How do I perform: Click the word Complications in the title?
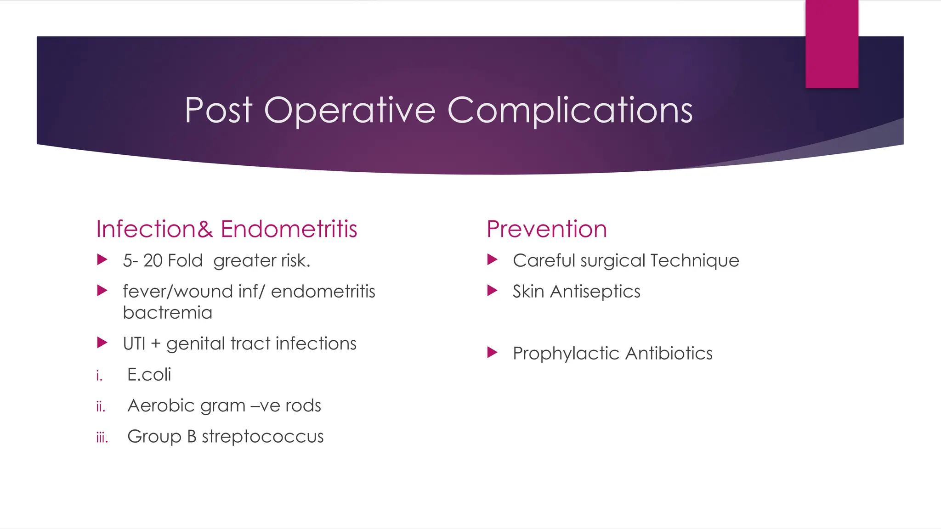point(570,110)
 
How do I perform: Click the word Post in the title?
point(218,110)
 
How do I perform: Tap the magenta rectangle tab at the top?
point(832,44)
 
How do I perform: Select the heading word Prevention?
point(547,229)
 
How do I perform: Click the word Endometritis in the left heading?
point(289,229)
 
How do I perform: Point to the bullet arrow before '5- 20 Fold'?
point(102,260)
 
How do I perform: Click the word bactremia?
point(167,313)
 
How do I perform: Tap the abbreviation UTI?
point(134,343)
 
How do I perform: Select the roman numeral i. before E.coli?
point(99,376)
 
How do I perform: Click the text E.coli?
point(149,375)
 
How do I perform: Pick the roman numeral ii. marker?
point(101,406)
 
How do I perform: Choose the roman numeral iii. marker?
point(102,437)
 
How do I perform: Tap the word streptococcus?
point(262,437)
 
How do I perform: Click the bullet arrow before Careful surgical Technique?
point(492,260)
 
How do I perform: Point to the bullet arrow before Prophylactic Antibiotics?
point(492,353)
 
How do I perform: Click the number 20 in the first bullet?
point(153,260)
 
